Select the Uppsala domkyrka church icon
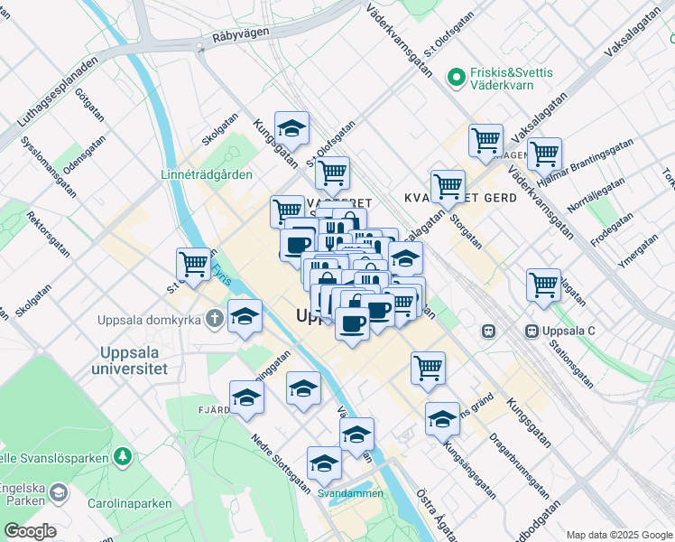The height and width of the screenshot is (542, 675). click(215, 318)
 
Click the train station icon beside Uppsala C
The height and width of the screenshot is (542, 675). click(490, 331)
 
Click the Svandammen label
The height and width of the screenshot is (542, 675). click(351, 493)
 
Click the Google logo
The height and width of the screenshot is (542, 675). click(29, 531)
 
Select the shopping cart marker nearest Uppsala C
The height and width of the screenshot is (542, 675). click(543, 284)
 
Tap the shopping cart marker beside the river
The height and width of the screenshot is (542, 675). click(194, 264)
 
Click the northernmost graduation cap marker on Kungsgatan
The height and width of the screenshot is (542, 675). click(291, 128)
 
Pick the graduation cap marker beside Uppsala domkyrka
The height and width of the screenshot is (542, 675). click(245, 316)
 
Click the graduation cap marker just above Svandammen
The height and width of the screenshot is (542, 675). click(323, 463)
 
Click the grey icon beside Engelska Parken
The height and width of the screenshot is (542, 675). click(59, 492)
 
